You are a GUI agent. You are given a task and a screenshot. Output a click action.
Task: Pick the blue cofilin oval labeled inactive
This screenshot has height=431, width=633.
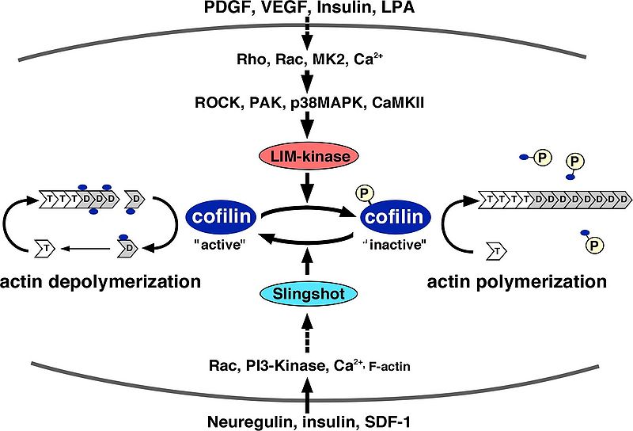tap(395, 215)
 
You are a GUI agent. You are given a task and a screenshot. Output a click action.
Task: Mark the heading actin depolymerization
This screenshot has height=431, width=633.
tap(100, 281)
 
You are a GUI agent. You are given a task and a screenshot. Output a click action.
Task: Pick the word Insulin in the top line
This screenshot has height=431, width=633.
tap(335, 10)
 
